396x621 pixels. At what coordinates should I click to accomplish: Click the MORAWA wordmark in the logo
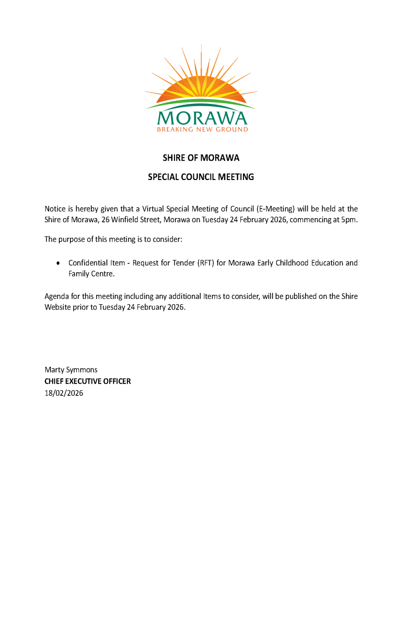coord(202,117)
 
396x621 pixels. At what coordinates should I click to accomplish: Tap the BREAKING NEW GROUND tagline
coord(202,130)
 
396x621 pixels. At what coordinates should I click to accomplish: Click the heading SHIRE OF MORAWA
coord(201,158)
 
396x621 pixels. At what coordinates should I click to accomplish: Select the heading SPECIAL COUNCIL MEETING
coord(201,177)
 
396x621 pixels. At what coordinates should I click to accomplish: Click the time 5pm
coord(348,219)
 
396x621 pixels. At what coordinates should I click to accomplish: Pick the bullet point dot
coord(58,263)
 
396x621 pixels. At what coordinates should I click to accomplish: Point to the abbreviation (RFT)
coord(206,263)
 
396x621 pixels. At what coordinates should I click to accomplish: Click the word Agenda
coord(57,296)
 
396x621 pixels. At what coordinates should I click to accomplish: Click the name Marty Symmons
coord(71,370)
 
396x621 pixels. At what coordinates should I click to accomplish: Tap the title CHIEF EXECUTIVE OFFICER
coord(87,381)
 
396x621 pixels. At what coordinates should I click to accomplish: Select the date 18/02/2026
coord(64,393)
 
